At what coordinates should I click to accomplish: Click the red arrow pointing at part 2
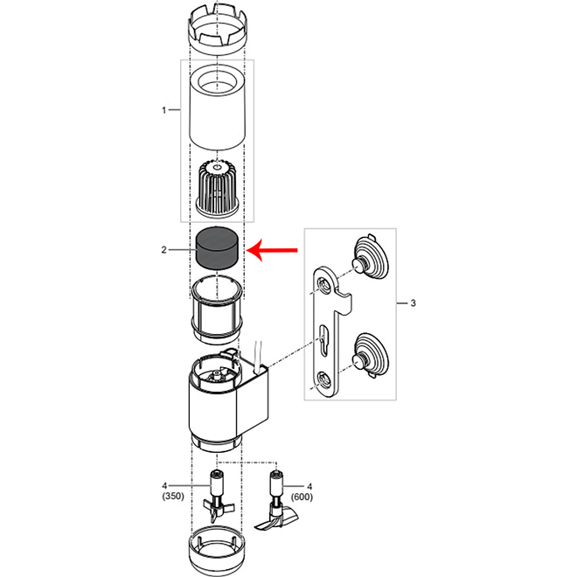[x=272, y=250]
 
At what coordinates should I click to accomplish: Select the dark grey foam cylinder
[x=217, y=248]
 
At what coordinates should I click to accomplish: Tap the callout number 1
[x=163, y=110]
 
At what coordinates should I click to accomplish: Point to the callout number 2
[x=163, y=250]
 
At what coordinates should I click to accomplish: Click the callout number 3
[x=413, y=303]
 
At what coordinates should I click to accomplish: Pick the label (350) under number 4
[x=173, y=496]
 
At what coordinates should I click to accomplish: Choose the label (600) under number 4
[x=302, y=497]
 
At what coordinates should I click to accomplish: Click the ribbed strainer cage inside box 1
[x=219, y=188]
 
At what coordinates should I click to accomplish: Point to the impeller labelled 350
[x=217, y=496]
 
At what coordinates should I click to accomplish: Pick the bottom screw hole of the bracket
[x=324, y=380]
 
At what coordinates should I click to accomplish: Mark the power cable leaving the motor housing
[x=258, y=354]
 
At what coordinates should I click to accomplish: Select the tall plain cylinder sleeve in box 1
[x=217, y=108]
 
